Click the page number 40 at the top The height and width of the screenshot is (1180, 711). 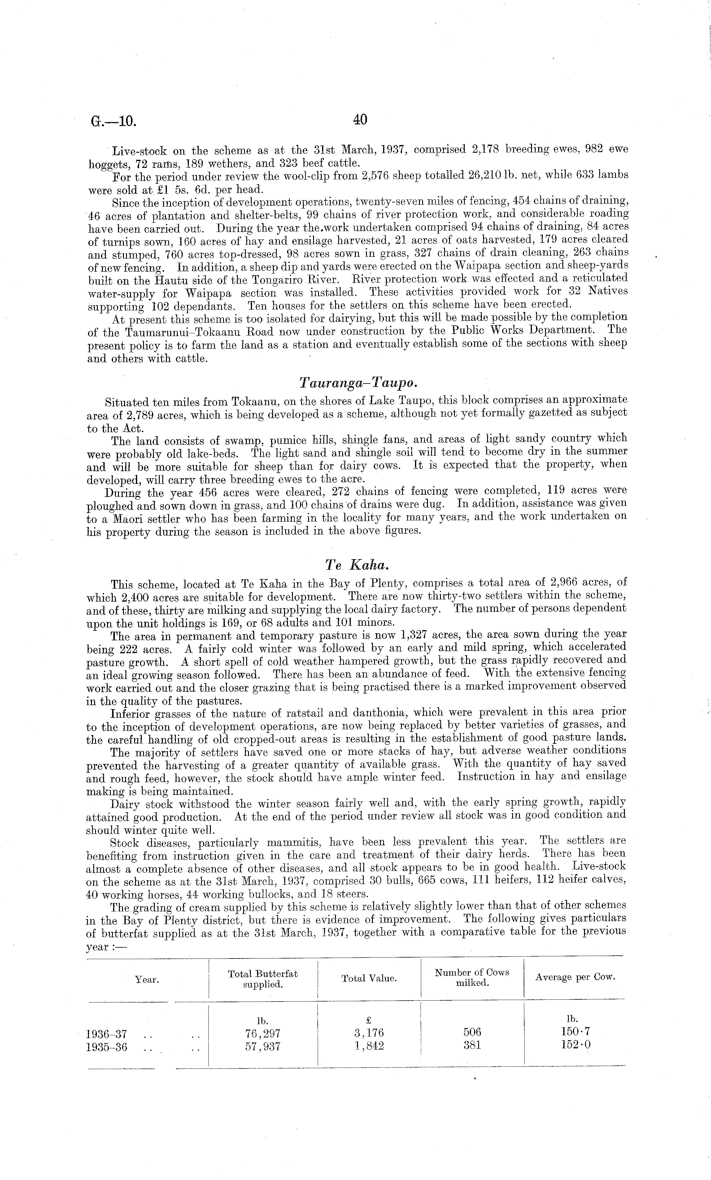pyautogui.click(x=360, y=120)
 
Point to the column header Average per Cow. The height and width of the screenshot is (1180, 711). pyautogui.click(x=575, y=977)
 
